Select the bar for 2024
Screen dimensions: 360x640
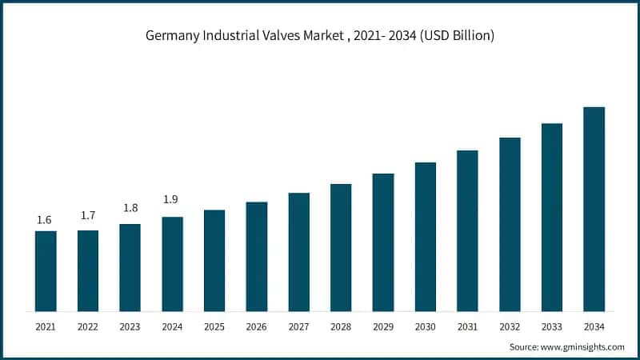[x=172, y=263]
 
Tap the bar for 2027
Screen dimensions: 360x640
[x=299, y=251]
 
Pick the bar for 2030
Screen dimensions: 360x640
[x=426, y=236]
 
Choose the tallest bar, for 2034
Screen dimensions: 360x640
[x=594, y=209]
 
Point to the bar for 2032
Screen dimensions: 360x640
[x=510, y=224]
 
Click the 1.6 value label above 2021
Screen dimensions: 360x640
[x=45, y=220]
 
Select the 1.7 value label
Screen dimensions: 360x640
[x=87, y=215]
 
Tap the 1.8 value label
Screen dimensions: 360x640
[x=130, y=208]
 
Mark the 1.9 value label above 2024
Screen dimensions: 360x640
[x=172, y=199]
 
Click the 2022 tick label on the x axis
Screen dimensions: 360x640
[x=88, y=326]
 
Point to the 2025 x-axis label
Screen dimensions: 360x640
[x=214, y=326]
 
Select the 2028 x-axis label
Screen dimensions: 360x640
[x=341, y=326]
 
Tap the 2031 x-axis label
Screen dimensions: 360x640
[x=467, y=326]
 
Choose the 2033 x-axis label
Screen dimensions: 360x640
[x=552, y=326]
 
